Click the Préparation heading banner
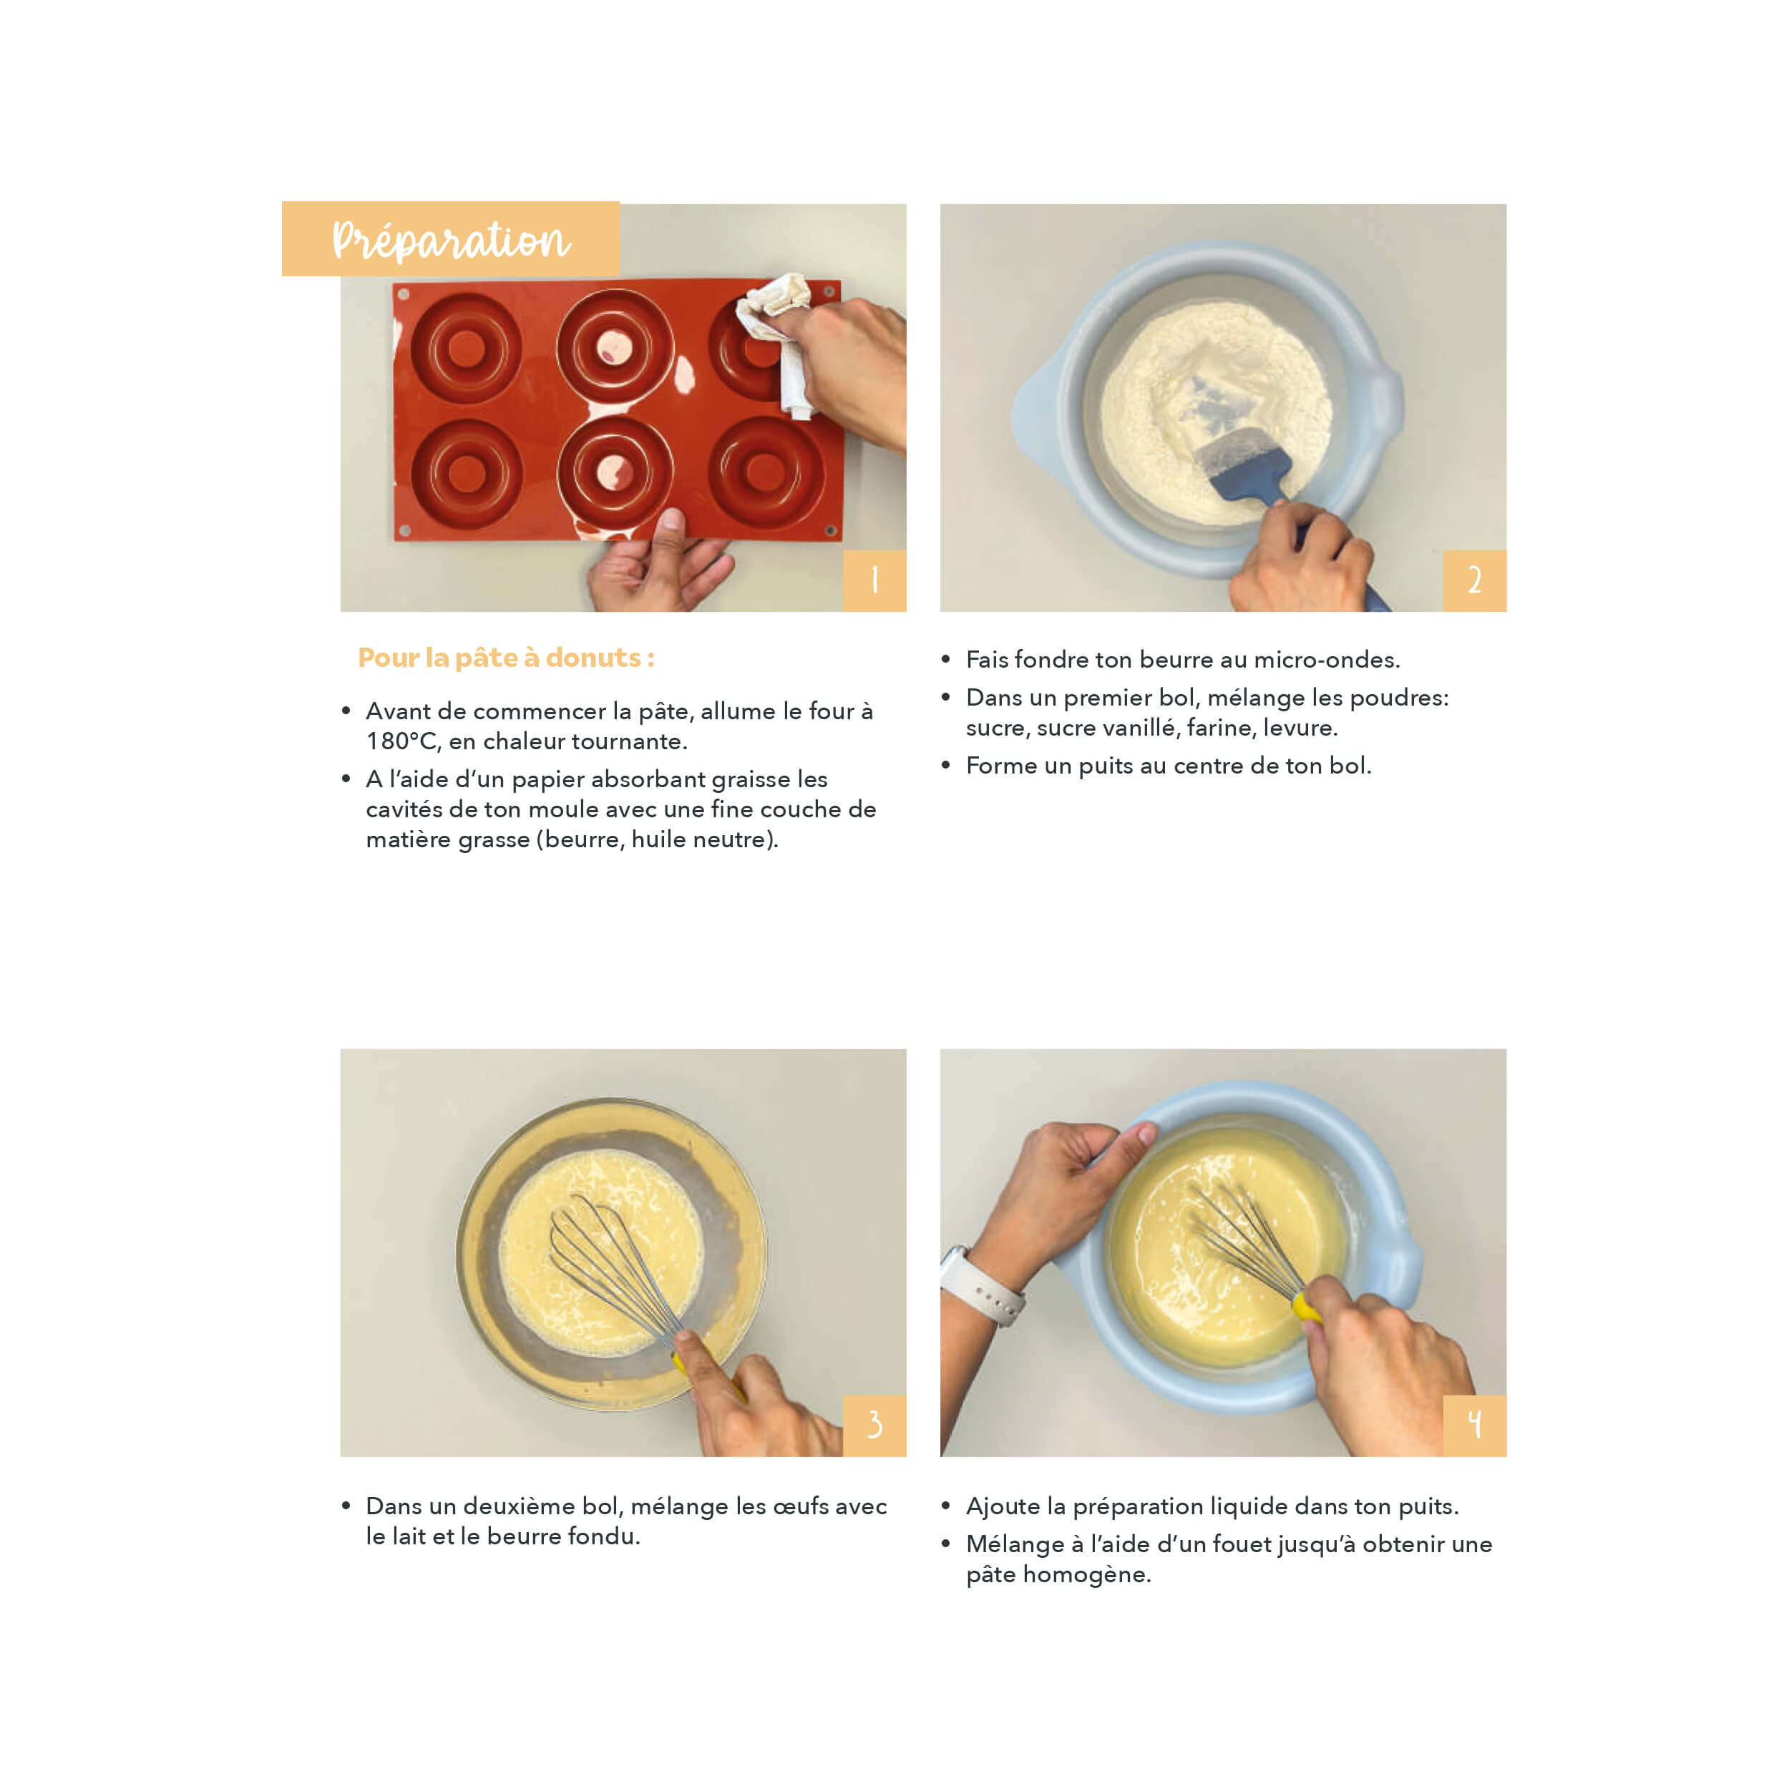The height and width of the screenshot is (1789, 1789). point(451,239)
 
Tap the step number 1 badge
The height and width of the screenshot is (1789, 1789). point(874,580)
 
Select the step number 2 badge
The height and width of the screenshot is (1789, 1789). point(1474,580)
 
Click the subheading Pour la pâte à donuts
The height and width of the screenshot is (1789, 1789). point(506,658)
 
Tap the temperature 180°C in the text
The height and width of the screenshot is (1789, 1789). point(401,741)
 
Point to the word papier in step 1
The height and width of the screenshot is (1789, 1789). point(547,781)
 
